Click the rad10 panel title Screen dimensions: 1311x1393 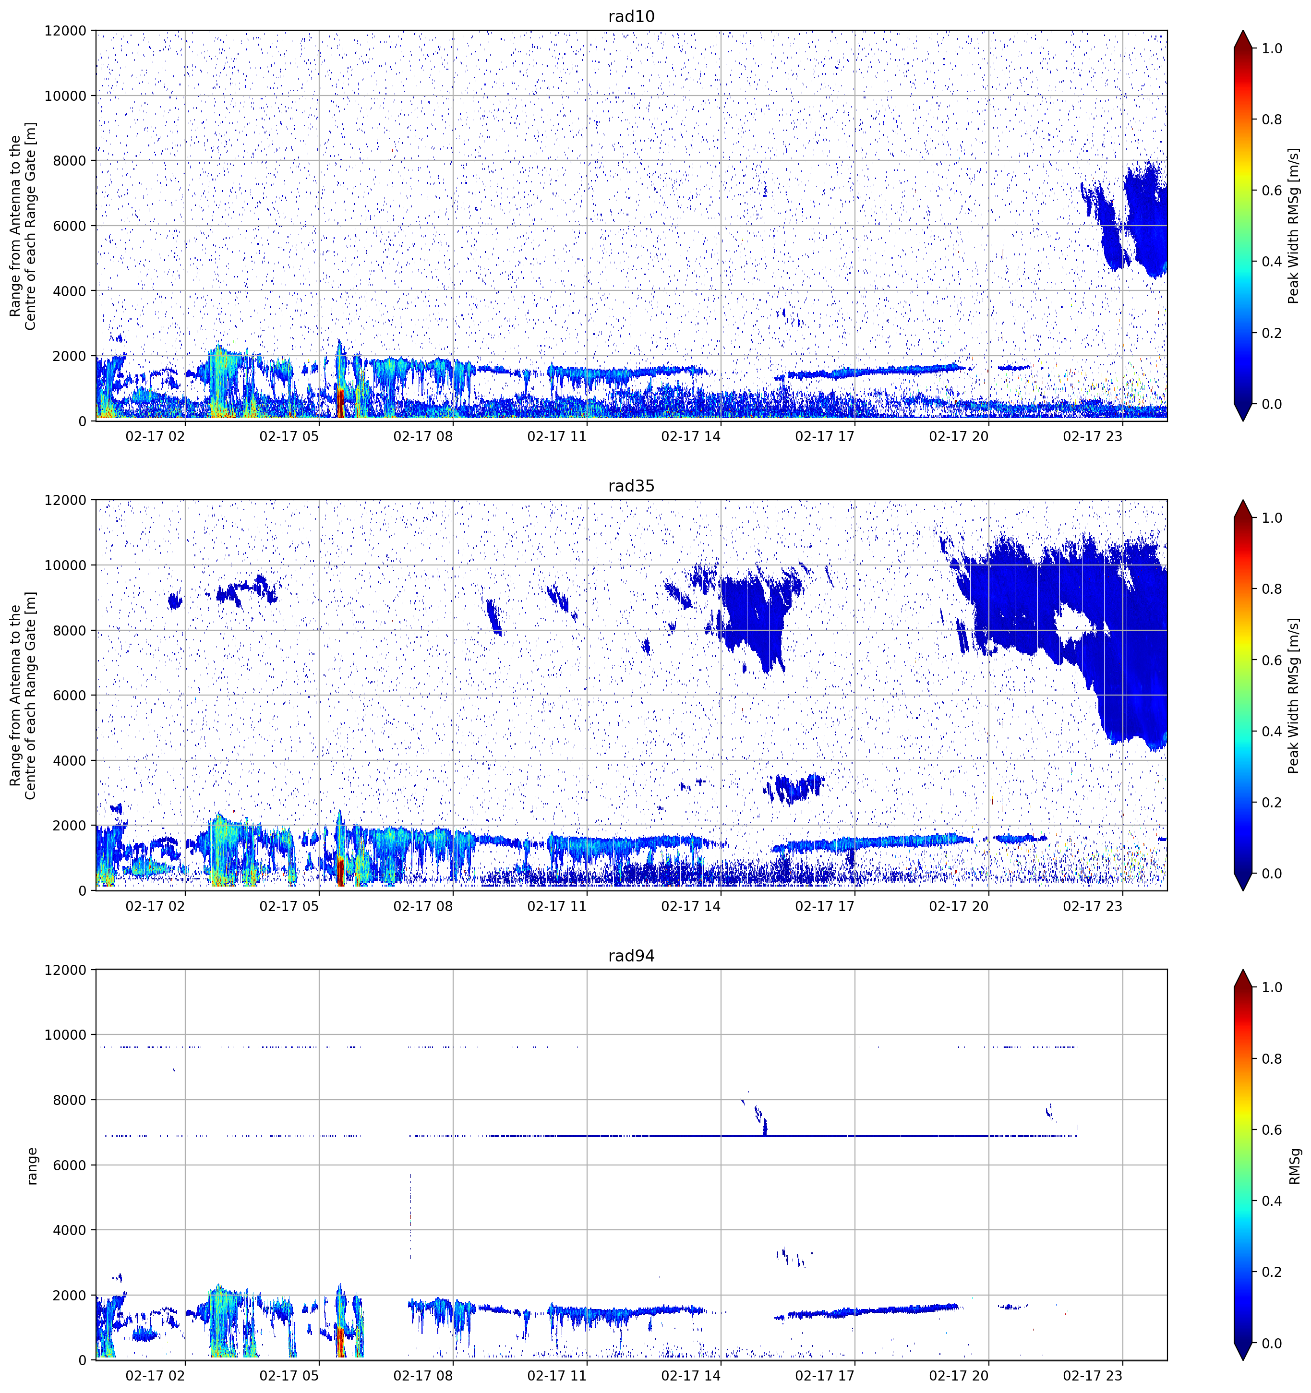pos(631,16)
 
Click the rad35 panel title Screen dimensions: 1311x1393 pos(631,486)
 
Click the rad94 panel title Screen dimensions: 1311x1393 pos(631,956)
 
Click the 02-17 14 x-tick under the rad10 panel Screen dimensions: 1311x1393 pos(690,436)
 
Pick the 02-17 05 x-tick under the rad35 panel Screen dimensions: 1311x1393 pos(289,906)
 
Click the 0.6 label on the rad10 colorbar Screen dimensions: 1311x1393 pos(1272,191)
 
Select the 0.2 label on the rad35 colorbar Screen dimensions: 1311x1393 pos(1272,802)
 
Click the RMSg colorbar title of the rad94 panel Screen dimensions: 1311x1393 pos(1294,1166)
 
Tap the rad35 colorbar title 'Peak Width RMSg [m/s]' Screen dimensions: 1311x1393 pos(1294,695)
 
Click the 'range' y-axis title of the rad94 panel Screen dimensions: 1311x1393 pos(32,1166)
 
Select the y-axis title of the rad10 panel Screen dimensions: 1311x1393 pos(23,226)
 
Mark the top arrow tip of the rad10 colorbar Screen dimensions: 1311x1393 pos(1242,31)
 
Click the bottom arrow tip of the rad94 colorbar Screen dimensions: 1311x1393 pos(1242,1360)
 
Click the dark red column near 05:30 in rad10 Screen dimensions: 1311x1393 pos(340,402)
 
